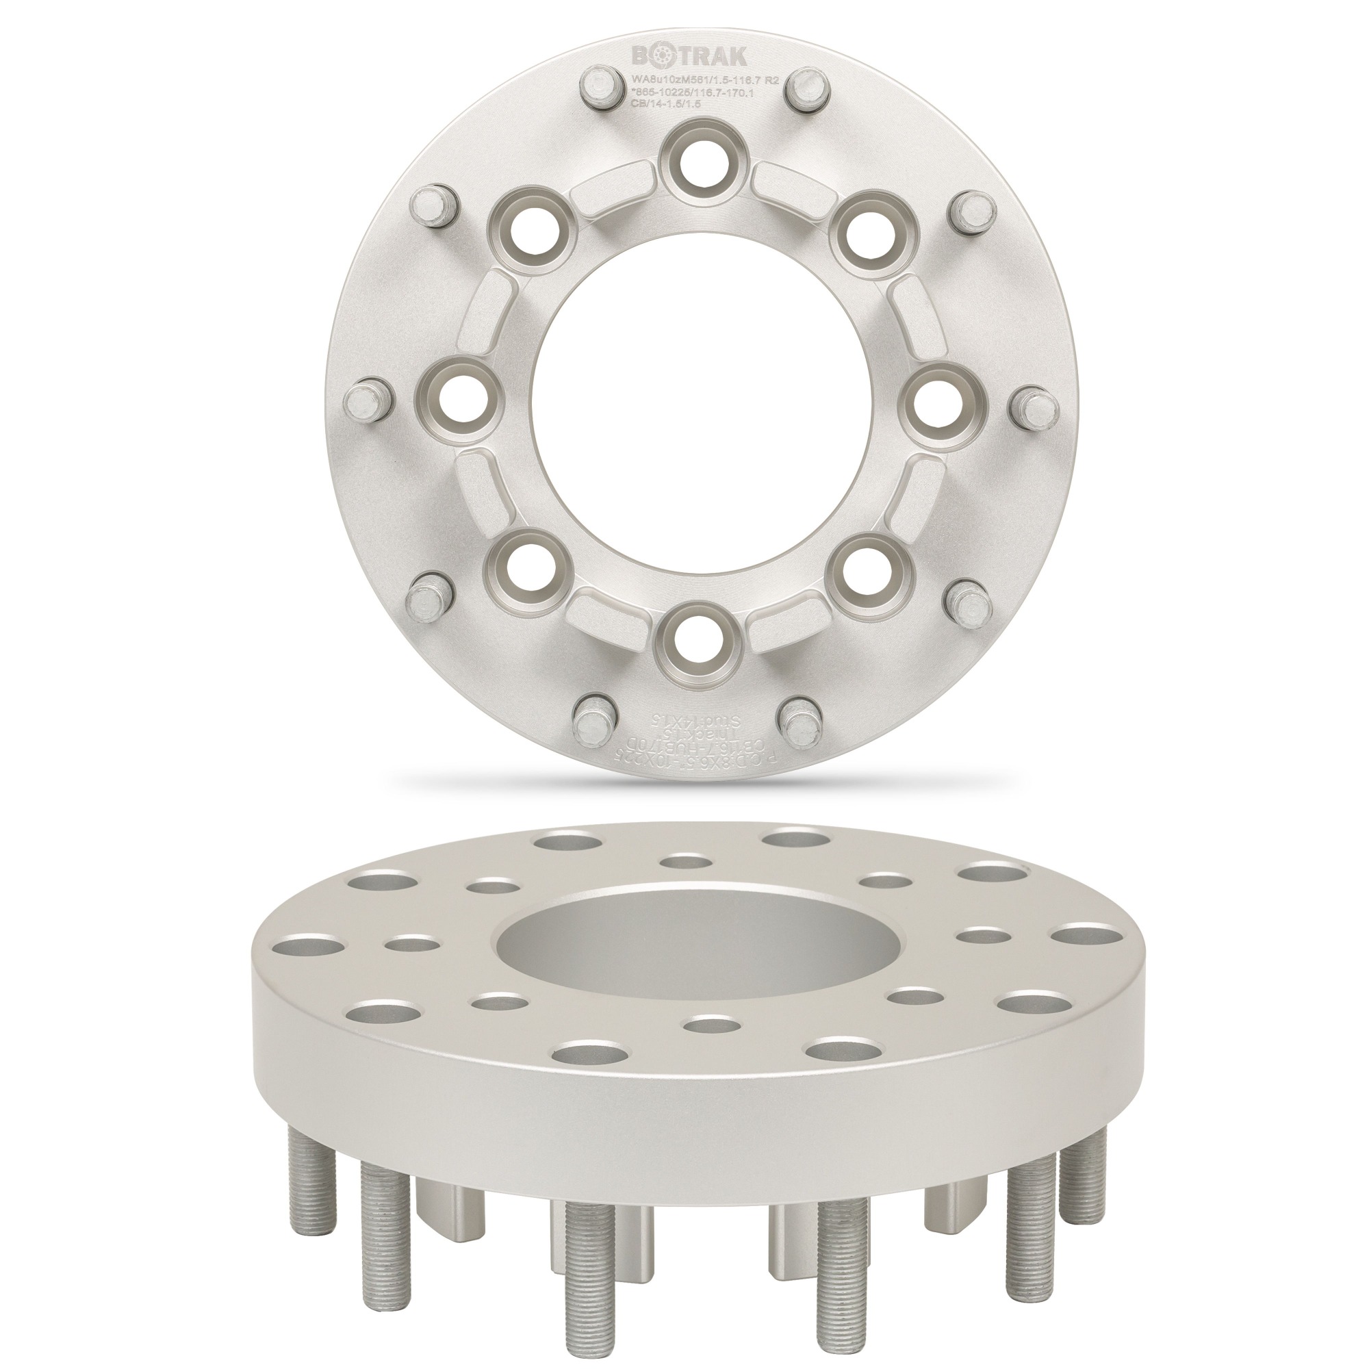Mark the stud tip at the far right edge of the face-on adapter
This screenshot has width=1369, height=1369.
[x=1034, y=406]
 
